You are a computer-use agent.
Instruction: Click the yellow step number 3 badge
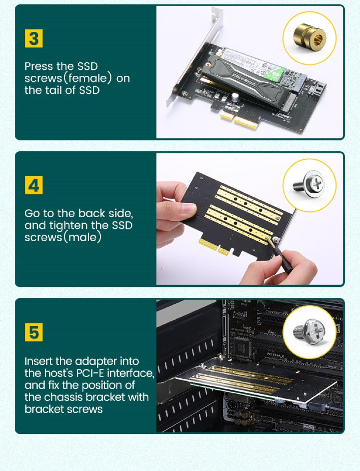pos(34,39)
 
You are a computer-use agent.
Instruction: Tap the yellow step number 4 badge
pos(34,186)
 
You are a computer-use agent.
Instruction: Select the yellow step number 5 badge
pos(34,332)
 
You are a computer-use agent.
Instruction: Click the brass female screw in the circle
pos(309,38)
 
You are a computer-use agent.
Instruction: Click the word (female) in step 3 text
pos(89,78)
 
